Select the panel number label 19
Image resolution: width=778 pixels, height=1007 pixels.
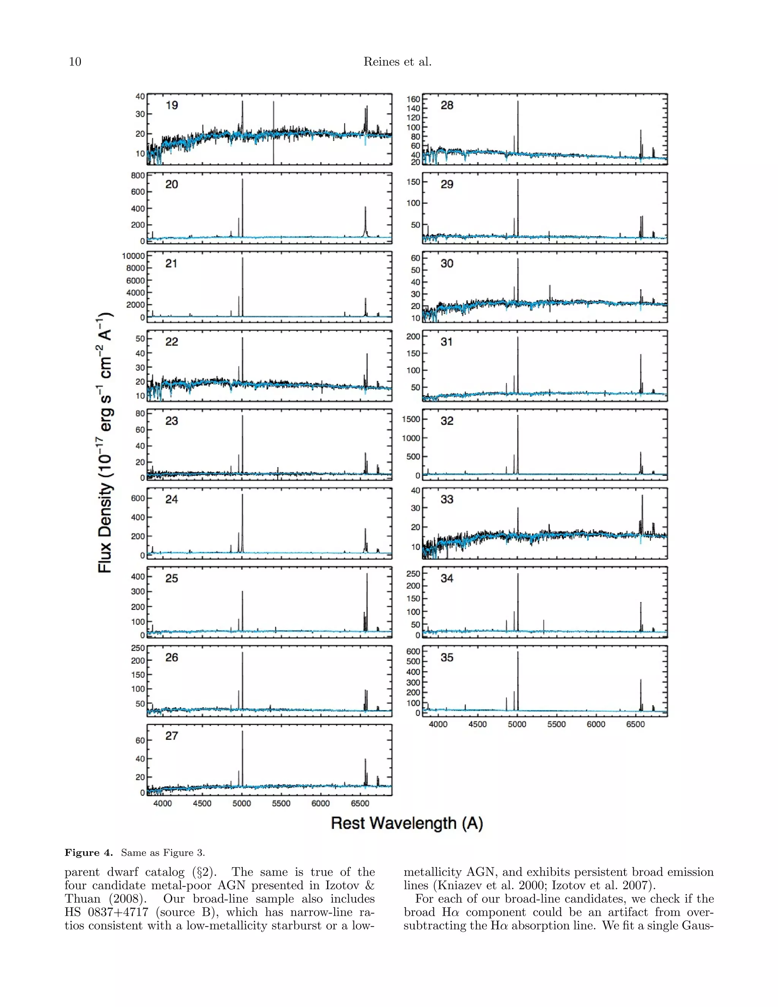[x=171, y=106]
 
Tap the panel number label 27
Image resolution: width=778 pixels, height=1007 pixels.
[x=171, y=736]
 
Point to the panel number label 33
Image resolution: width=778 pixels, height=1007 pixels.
[x=447, y=499]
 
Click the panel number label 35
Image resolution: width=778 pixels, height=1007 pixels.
[x=447, y=657]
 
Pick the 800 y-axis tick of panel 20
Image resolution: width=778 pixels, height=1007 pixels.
[x=138, y=176]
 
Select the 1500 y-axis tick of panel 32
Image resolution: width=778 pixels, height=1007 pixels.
[x=411, y=419]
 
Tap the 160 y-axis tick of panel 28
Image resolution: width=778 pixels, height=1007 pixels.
[x=413, y=99]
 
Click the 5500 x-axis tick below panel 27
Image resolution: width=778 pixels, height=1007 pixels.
[x=281, y=804]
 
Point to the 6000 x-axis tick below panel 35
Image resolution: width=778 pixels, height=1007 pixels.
[x=596, y=724]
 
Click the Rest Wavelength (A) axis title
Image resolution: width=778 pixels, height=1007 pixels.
[x=406, y=823]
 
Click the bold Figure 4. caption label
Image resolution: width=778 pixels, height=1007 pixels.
[x=89, y=853]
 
